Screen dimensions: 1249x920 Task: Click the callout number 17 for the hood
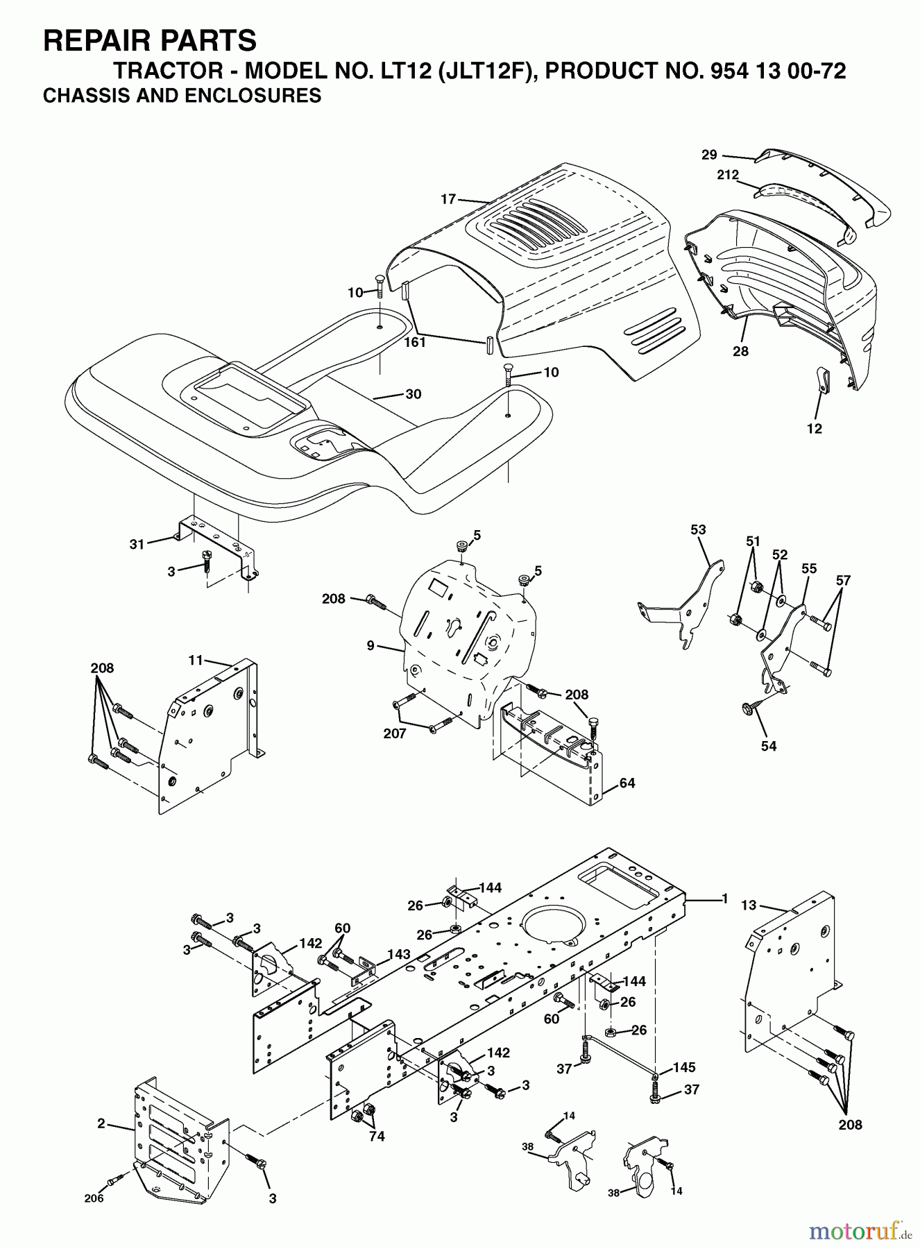pyautogui.click(x=448, y=199)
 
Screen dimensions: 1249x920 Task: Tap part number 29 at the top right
pyautogui.click(x=708, y=155)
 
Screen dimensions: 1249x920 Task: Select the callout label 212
pyautogui.click(x=728, y=175)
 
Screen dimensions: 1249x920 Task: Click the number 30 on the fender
pyautogui.click(x=414, y=394)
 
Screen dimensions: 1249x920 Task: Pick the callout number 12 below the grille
pyautogui.click(x=815, y=429)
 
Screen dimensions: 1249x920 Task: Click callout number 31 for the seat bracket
pyautogui.click(x=137, y=544)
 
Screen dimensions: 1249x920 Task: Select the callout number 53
pyautogui.click(x=698, y=529)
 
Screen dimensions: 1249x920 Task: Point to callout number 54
pyautogui.click(x=769, y=746)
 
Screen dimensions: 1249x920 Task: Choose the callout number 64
pyautogui.click(x=627, y=783)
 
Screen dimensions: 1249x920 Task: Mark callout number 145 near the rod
pyautogui.click(x=683, y=1067)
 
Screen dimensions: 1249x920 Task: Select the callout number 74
pyautogui.click(x=376, y=1137)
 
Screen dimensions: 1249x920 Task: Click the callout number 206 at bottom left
pyautogui.click(x=94, y=1198)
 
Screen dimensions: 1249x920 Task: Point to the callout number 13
pyautogui.click(x=749, y=905)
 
